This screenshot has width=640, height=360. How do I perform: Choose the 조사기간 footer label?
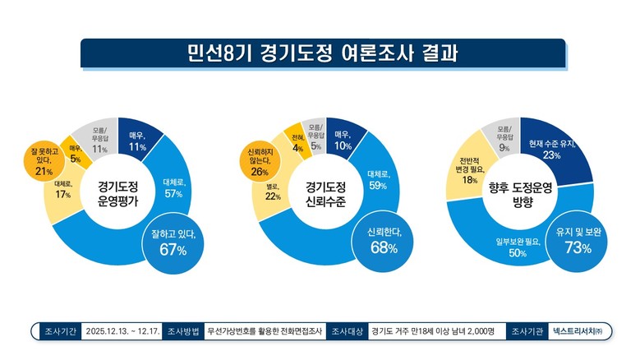pyautogui.click(x=59, y=331)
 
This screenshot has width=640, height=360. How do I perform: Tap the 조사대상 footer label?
pyautogui.click(x=347, y=331)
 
